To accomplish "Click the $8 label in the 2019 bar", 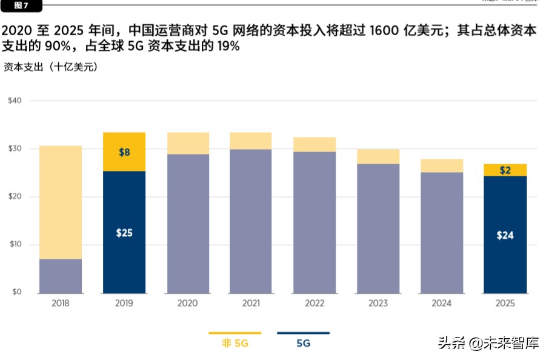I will [x=124, y=152].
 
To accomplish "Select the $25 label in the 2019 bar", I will [x=124, y=233].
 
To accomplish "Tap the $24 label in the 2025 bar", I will [x=505, y=235].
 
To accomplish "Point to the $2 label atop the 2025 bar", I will [x=505, y=170].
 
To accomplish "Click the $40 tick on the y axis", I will [x=15, y=101].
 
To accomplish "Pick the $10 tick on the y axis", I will [x=15, y=245].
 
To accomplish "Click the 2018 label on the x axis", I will [x=60, y=303].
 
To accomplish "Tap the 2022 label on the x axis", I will [x=314, y=303].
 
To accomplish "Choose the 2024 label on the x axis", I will [x=441, y=303].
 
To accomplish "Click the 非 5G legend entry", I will [x=235, y=344].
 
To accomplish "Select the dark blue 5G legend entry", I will [x=303, y=344].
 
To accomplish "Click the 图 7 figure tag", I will [x=22, y=5].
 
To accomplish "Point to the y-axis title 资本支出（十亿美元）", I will [x=51, y=67].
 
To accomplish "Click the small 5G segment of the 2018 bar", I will [x=61, y=276].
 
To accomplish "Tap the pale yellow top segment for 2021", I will [x=251, y=141].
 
